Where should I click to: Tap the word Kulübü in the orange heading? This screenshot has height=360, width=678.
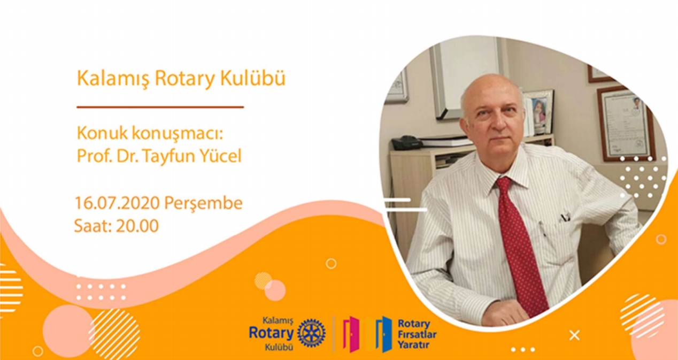tap(252, 78)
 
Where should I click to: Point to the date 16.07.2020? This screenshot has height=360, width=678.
tap(117, 203)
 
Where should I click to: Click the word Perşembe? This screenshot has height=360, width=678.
tap(203, 203)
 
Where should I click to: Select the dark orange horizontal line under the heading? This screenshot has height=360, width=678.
tap(160, 107)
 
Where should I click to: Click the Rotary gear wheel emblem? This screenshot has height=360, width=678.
tap(311, 332)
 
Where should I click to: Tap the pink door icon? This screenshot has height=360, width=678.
tap(351, 334)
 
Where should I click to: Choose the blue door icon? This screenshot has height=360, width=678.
tap(384, 334)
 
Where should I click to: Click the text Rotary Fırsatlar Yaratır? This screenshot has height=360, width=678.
tap(417, 334)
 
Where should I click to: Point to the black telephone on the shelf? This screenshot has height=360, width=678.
tap(406, 143)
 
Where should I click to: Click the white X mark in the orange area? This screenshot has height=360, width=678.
tap(574, 335)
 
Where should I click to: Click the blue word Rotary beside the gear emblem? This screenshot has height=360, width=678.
tap(271, 333)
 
